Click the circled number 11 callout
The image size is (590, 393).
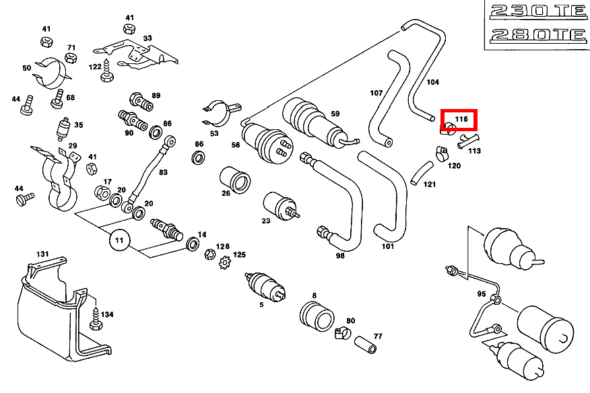click(x=119, y=240)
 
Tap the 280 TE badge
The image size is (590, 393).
click(x=535, y=34)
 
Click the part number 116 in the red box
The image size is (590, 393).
click(x=461, y=119)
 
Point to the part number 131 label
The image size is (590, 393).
click(x=42, y=254)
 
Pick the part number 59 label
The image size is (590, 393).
click(x=335, y=114)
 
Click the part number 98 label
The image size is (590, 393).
click(x=340, y=256)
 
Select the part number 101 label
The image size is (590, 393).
click(x=387, y=246)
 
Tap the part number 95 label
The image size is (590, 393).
click(x=480, y=294)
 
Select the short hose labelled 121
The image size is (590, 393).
click(x=422, y=172)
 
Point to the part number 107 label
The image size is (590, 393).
click(x=376, y=92)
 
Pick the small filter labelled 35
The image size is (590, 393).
click(x=65, y=127)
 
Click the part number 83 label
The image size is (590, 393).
click(x=163, y=172)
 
